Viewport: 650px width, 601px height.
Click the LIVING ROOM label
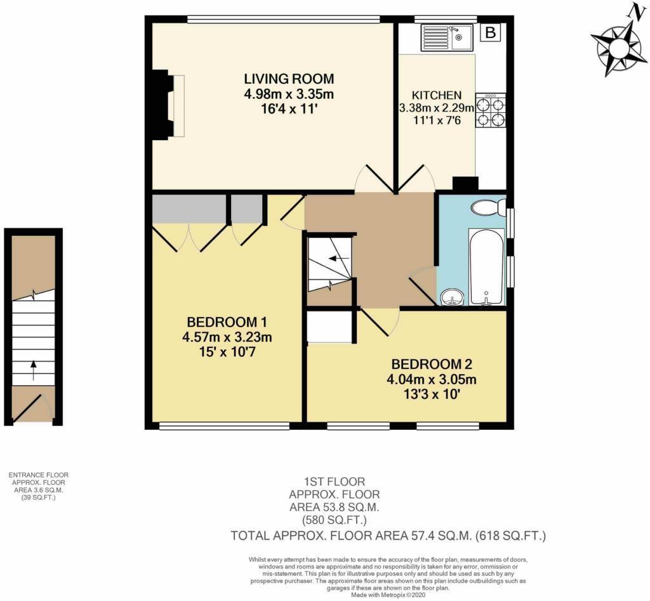point(289,79)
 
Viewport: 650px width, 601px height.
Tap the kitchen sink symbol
point(446,38)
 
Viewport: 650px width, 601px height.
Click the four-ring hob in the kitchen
point(491,111)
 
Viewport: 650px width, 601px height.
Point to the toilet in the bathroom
point(489,207)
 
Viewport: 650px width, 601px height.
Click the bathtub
point(486,267)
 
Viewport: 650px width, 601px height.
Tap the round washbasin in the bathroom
point(452,296)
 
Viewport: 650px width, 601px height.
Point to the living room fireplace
point(163,105)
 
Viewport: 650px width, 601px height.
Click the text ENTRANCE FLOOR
point(38,475)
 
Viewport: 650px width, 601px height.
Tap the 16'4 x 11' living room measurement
point(289,108)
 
